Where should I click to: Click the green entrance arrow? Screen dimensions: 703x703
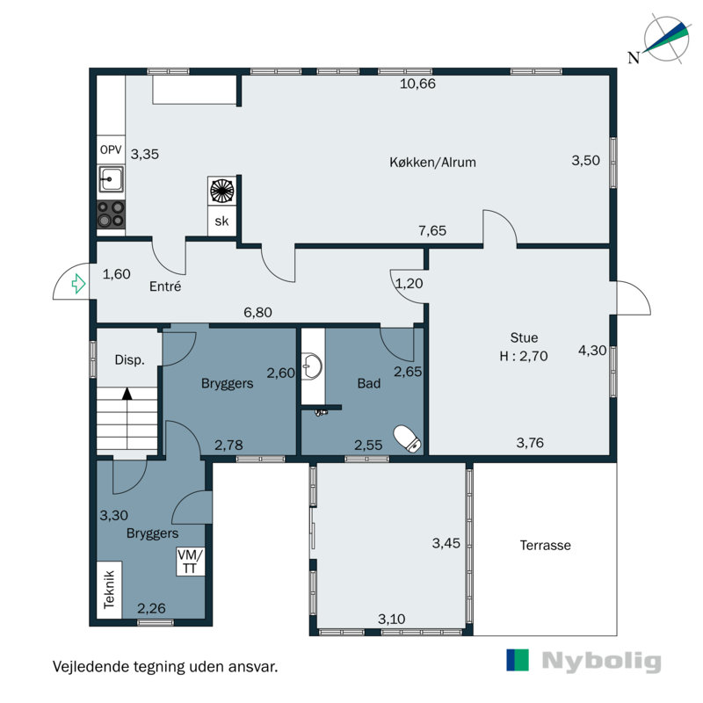click(x=78, y=283)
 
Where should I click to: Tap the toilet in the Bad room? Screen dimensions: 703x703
click(x=407, y=438)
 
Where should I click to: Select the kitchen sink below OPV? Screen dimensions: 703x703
click(x=111, y=179)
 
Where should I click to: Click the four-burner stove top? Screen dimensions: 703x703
click(x=111, y=214)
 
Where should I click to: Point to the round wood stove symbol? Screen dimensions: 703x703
click(x=222, y=191)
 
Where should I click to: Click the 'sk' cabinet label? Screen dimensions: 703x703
click(x=221, y=221)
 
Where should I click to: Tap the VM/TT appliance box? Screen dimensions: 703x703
click(x=190, y=562)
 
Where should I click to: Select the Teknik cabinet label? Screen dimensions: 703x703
click(x=109, y=590)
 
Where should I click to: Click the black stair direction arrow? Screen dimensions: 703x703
click(x=127, y=394)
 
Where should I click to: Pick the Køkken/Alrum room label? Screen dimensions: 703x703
click(x=432, y=162)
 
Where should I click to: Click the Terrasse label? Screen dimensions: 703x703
click(x=545, y=545)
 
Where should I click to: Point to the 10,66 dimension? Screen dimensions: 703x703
click(x=417, y=83)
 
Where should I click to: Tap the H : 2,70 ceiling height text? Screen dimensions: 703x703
click(x=524, y=356)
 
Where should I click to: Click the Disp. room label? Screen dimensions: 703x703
click(x=129, y=359)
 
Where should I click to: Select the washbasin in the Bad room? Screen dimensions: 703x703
click(x=312, y=366)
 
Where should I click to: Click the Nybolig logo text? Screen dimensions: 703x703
click(x=601, y=661)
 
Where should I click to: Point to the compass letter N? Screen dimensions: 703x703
click(x=634, y=58)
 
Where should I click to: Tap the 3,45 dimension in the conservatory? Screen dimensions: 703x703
click(x=446, y=543)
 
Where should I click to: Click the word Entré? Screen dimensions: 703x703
click(x=165, y=286)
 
